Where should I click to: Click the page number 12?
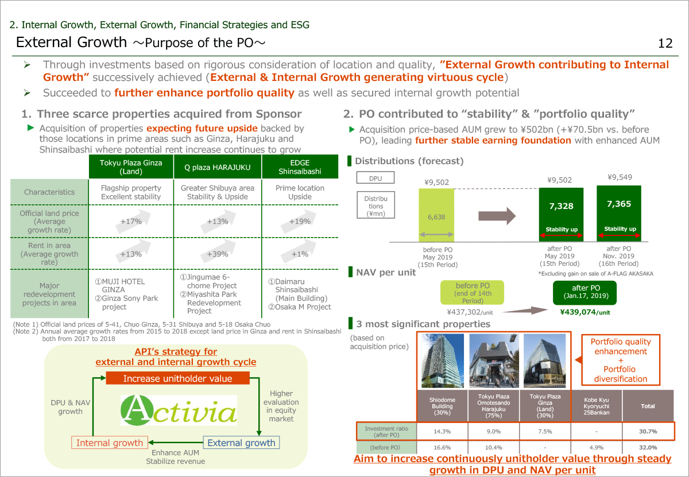point(665,44)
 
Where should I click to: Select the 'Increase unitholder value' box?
point(178,378)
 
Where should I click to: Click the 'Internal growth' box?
point(109,443)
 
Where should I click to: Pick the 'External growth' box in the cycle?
point(241,443)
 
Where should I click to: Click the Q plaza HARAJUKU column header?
point(218,167)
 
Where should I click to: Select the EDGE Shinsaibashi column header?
point(300,167)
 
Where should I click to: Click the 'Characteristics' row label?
point(49,192)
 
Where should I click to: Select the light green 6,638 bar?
point(436,217)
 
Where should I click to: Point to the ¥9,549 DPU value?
point(620,177)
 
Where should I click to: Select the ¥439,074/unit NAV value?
point(585,312)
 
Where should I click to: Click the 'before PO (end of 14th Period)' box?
point(473,293)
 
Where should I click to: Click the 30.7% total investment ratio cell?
point(648,431)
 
